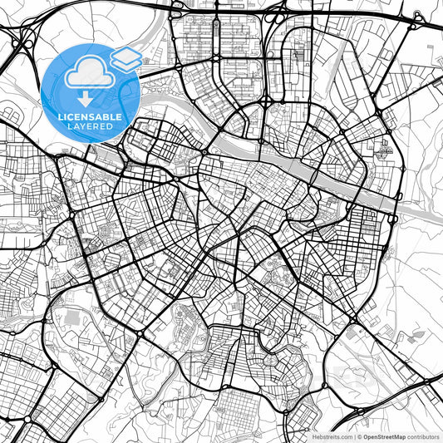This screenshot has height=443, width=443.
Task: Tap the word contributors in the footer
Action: coord(422,436)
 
